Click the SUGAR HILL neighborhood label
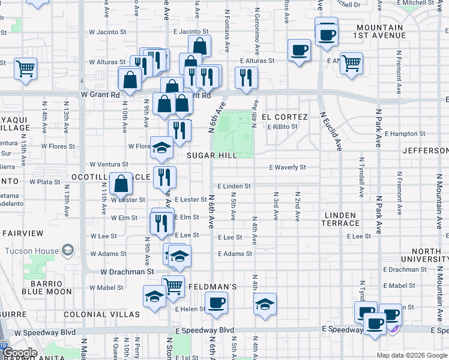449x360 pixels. click(210, 155)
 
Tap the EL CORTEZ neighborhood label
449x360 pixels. click(285, 117)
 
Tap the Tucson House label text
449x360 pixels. click(31, 251)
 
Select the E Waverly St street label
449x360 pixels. click(288, 167)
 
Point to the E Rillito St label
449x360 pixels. click(283, 127)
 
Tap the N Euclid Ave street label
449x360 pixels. click(331, 130)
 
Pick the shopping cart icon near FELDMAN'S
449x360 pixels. click(173, 286)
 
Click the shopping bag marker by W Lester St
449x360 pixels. click(121, 183)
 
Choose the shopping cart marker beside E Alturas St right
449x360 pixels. click(351, 62)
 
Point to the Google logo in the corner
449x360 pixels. click(20, 353)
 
